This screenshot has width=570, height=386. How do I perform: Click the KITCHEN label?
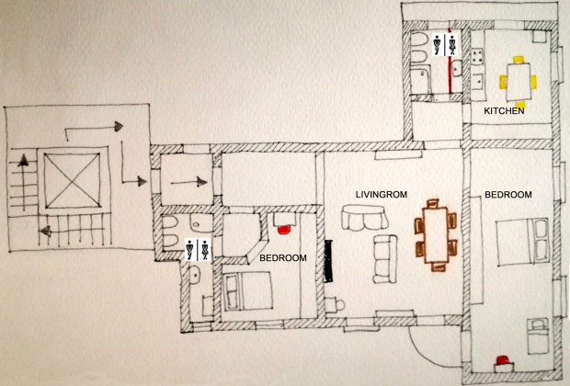(x=504, y=111)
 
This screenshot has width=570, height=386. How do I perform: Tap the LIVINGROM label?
(x=381, y=195)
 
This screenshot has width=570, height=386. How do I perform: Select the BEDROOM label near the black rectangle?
(x=283, y=258)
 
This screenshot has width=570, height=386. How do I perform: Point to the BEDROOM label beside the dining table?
(x=508, y=195)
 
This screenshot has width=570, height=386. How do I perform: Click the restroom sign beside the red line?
(x=445, y=45)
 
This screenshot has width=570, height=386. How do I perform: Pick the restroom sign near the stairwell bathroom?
(x=198, y=250)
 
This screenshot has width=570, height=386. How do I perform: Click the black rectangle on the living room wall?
(x=328, y=261)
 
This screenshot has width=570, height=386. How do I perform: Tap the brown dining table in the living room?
(x=436, y=234)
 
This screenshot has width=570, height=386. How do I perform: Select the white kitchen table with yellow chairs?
(x=518, y=82)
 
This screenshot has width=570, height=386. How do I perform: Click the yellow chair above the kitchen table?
(x=519, y=60)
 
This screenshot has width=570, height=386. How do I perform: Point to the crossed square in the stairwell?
(x=72, y=180)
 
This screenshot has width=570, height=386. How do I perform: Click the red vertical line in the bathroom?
(x=450, y=61)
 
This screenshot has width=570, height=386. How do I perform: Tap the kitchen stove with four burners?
(x=477, y=57)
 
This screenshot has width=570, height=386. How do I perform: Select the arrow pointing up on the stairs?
(x=24, y=182)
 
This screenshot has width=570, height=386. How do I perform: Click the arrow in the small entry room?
(x=188, y=182)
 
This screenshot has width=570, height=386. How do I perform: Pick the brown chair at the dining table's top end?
(x=433, y=203)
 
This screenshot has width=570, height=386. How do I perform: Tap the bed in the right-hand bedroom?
(x=522, y=242)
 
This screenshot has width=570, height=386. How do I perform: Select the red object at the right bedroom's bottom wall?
(x=503, y=360)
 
